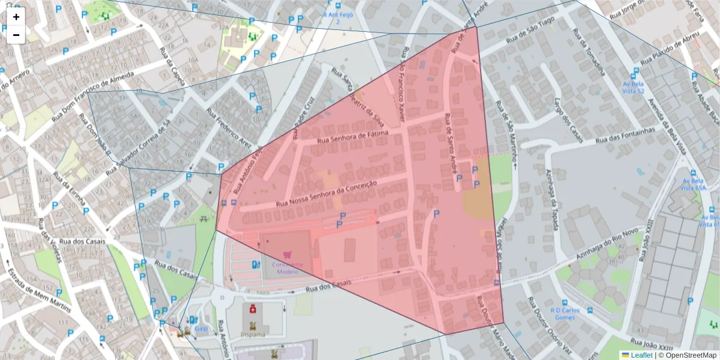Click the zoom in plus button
tap(16, 17)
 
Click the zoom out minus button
tap(16, 35)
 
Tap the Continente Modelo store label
tap(287, 268)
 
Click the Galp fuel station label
tap(200, 329)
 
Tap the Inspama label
tap(253, 334)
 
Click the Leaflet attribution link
tap(641, 355)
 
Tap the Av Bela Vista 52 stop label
tap(633, 88)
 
